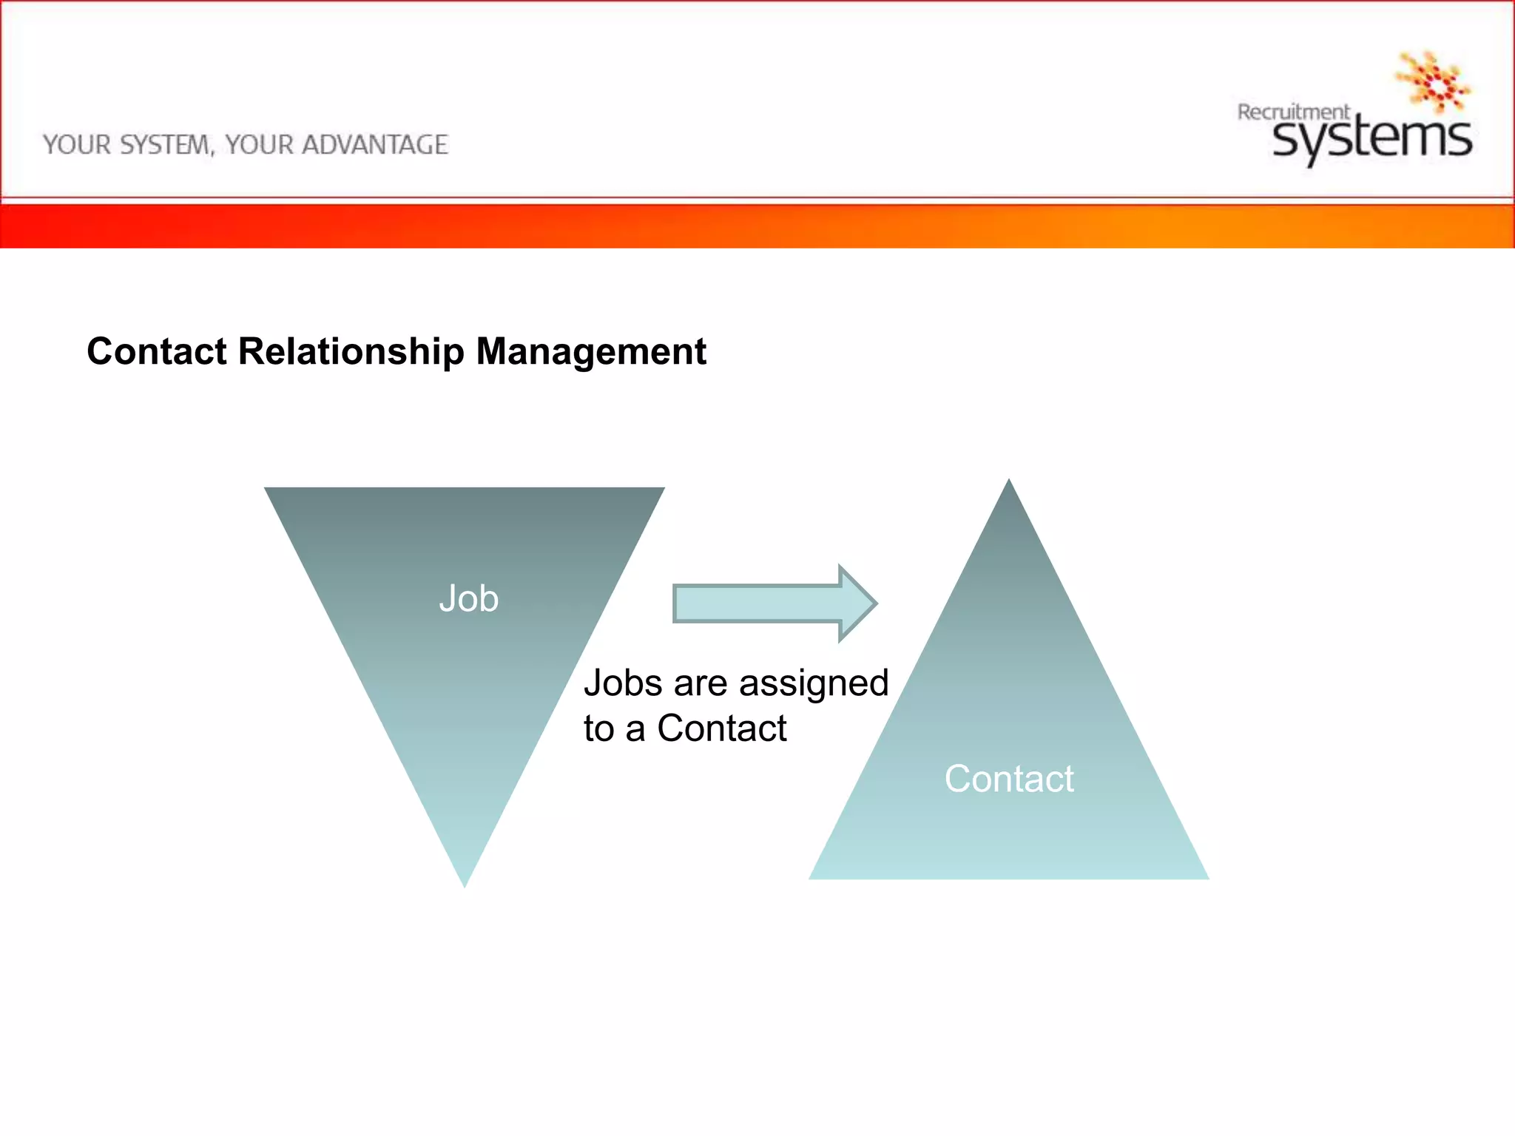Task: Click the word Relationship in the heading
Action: [351, 351]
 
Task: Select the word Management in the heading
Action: [590, 353]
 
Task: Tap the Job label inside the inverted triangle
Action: [468, 598]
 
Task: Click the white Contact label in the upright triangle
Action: [1009, 779]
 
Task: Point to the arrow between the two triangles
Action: [773, 603]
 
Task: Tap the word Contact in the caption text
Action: [721, 728]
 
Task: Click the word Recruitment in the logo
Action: [1293, 112]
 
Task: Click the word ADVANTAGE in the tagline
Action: [374, 145]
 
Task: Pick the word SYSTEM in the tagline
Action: [166, 145]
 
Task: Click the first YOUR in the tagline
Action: [77, 145]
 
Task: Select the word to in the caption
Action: [598, 729]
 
